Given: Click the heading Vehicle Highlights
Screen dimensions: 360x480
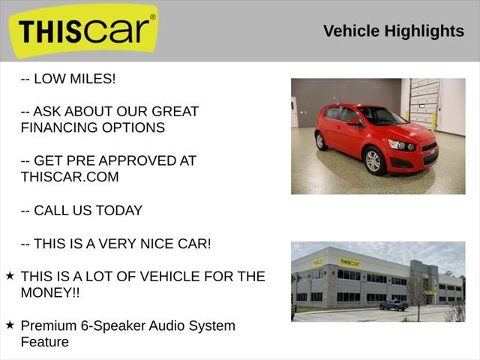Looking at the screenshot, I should pyautogui.click(x=393, y=31).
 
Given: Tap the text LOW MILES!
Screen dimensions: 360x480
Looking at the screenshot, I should pyautogui.click(x=75, y=79).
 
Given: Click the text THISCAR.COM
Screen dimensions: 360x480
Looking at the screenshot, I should pyautogui.click(x=70, y=177).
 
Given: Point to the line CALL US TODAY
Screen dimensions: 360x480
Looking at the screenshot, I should pyautogui.click(x=82, y=211).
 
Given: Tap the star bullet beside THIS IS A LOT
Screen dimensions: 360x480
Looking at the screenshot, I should pyautogui.click(x=10, y=276).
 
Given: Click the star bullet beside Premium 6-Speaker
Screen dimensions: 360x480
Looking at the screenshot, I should pyautogui.click(x=10, y=325).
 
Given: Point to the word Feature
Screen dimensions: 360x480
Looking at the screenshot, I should pyautogui.click(x=45, y=342).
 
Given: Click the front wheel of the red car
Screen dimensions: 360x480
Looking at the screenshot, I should pyautogui.click(x=373, y=160).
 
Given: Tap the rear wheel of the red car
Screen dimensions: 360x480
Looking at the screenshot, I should pyautogui.click(x=321, y=141).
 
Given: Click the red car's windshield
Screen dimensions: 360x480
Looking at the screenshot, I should pyautogui.click(x=381, y=116).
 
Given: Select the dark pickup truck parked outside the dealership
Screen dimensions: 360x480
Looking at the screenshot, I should pyautogui.click(x=394, y=304).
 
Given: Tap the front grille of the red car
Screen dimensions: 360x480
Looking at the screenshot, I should pyautogui.click(x=429, y=156).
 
